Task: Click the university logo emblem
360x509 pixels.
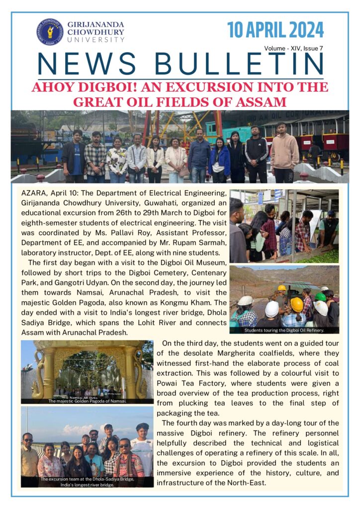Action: pos(49,32)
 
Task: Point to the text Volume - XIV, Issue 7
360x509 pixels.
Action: pos(294,48)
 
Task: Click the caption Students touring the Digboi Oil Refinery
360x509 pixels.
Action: pos(284,330)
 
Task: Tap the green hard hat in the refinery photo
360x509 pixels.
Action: pos(321,297)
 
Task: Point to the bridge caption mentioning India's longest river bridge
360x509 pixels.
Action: pos(87,482)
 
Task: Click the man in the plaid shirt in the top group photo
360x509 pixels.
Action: pos(95,155)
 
